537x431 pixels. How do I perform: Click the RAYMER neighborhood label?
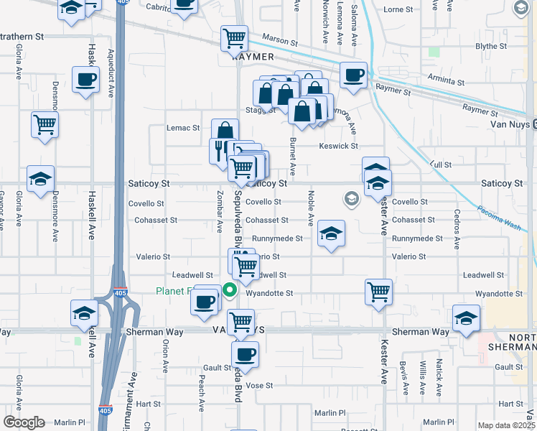tap(253, 56)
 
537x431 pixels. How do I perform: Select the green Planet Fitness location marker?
tap(230, 291)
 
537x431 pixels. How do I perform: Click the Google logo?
tap(24, 422)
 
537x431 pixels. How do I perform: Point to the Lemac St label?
tap(183, 128)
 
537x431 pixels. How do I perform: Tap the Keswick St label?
tap(339, 146)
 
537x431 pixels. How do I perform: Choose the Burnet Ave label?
tap(292, 157)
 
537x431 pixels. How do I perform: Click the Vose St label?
tap(260, 385)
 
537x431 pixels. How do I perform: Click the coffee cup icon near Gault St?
tap(246, 354)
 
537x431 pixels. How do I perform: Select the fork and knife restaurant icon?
tap(219, 149)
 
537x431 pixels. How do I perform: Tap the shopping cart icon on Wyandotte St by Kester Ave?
tap(378, 291)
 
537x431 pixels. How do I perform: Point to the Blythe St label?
tap(491, 46)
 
